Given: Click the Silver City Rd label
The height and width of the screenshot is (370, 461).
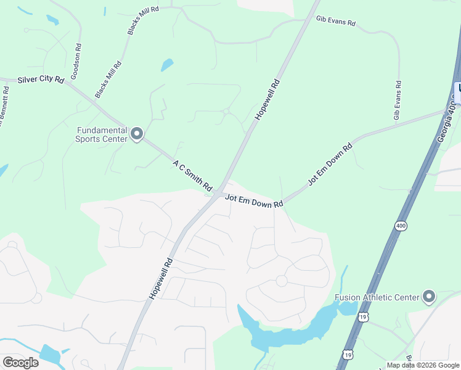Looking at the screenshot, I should point(41,80).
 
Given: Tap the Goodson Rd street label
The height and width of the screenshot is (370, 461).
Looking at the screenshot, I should point(76,62).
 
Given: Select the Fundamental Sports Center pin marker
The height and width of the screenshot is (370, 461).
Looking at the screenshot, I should point(137,134).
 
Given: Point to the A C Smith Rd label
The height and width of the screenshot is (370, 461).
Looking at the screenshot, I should point(192,175).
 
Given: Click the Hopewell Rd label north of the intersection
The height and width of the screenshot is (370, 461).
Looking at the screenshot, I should point(267,99).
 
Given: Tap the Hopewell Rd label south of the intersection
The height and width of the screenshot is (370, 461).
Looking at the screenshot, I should point(161,279).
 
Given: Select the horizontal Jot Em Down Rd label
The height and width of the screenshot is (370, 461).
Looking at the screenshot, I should point(254,200).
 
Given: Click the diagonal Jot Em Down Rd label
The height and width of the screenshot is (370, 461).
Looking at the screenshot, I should point(329,165).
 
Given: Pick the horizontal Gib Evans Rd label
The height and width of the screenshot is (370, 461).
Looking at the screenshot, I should point(335,22).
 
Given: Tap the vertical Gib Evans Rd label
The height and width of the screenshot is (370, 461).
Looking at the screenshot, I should point(398,100).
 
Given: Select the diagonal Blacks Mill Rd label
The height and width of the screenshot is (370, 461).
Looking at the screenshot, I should point(108,80).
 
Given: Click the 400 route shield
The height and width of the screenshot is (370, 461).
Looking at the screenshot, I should point(401,226).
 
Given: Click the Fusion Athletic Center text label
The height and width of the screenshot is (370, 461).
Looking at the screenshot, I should point(377,297).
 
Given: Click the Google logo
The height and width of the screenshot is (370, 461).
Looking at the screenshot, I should point(20,363).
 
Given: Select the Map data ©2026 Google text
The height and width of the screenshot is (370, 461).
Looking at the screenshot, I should point(423,365).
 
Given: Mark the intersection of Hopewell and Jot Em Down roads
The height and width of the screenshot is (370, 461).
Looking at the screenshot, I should point(219,195).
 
